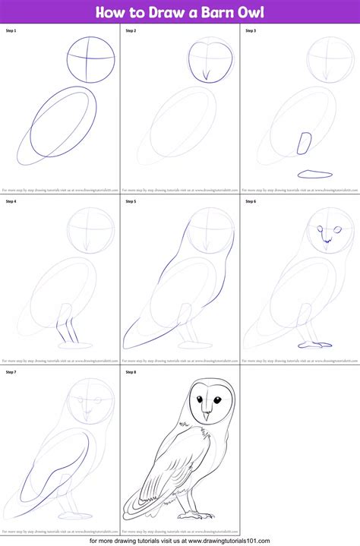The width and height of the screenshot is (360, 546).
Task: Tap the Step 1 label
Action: point(11,31)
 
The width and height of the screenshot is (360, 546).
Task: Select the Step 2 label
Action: point(131,31)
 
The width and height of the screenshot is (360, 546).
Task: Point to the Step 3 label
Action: point(251,31)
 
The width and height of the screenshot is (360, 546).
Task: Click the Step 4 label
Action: point(11,202)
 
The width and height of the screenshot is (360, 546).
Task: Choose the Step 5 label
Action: point(131,202)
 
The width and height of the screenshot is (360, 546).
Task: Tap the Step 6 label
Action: point(251,202)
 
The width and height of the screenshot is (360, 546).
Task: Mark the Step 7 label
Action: point(11,372)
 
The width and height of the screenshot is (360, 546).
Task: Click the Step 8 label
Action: point(131,372)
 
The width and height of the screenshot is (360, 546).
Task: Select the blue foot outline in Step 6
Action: point(313,345)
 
